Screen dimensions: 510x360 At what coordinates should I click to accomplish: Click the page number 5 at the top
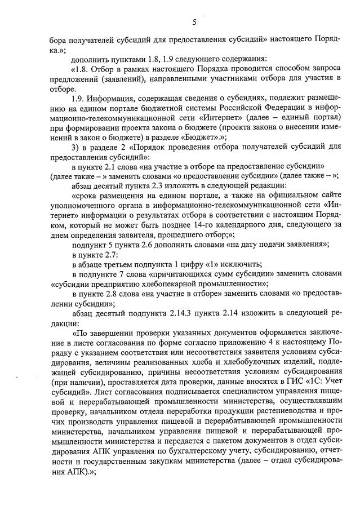(194, 23)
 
